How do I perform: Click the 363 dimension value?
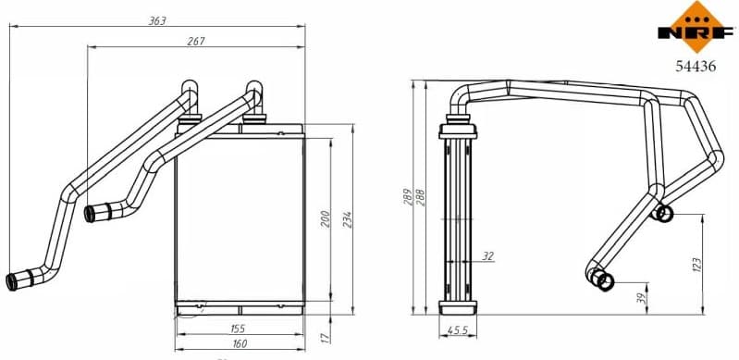pos(156,19)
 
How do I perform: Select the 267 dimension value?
pos(194,41)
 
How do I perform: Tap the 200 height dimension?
pos(325,218)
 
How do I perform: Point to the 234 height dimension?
pos(348,218)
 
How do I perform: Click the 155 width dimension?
pos(237,329)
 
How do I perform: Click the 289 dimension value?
pos(408,197)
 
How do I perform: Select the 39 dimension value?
pos(641,297)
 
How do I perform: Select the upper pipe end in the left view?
pos(97,213)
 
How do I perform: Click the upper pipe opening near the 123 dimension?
pos(663,214)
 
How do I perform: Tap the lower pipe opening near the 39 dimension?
pos(603,279)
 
